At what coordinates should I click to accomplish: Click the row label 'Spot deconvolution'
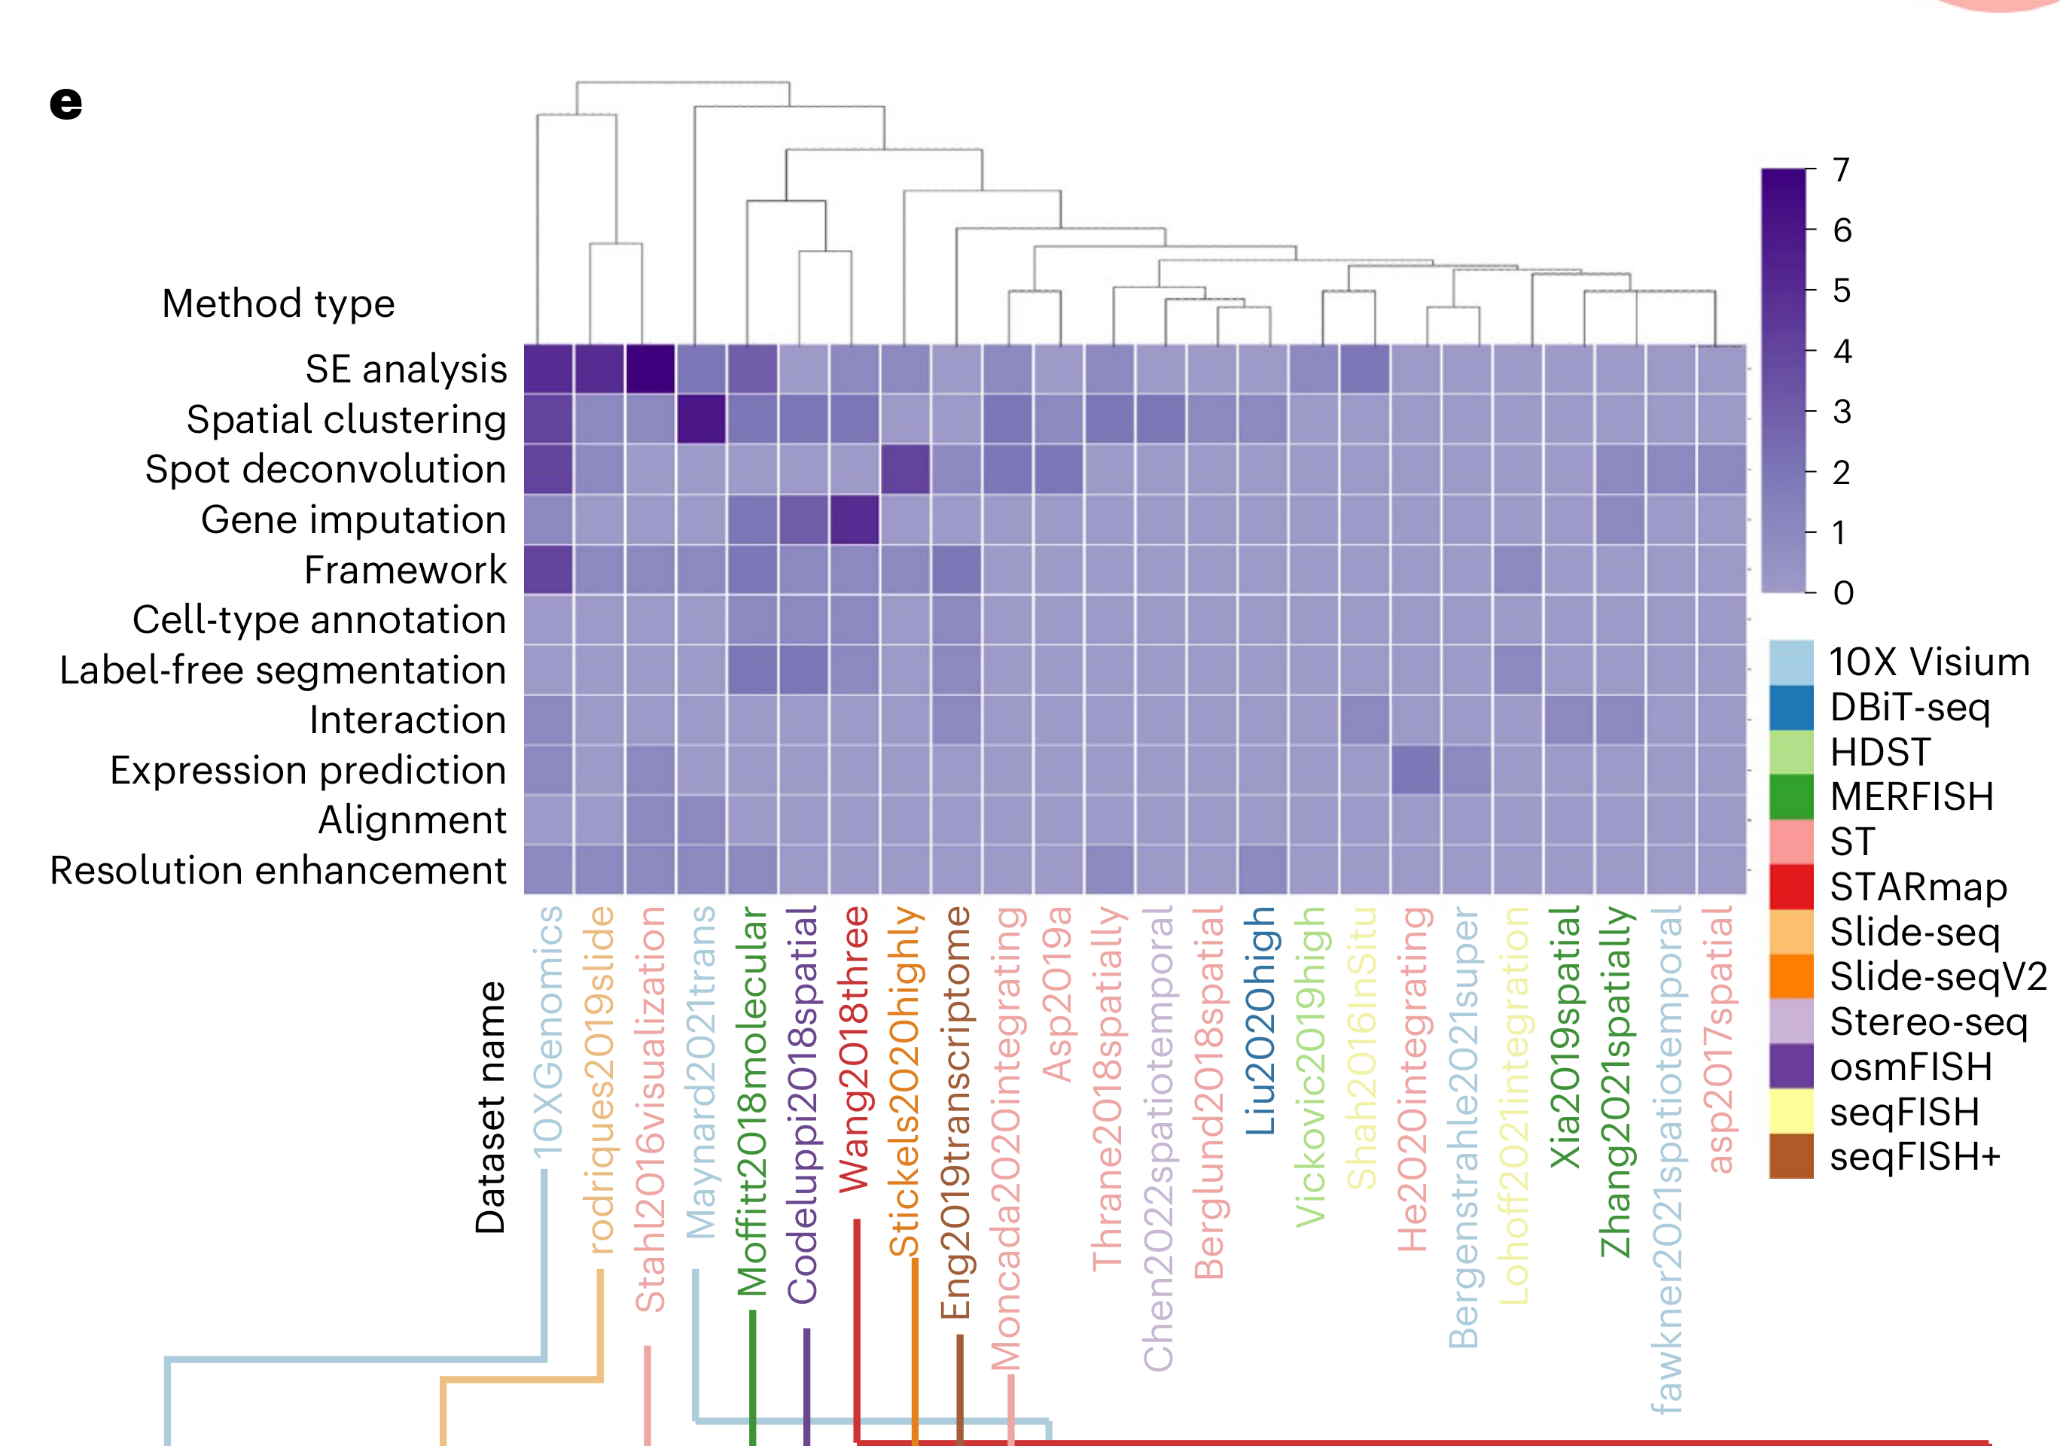coord(326,469)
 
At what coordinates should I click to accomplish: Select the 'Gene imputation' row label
coord(354,519)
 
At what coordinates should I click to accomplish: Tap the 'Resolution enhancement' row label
coord(278,870)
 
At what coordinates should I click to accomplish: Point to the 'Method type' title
coord(278,303)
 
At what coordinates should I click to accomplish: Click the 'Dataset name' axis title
coord(491,1107)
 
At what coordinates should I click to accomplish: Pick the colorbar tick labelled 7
coord(1841,169)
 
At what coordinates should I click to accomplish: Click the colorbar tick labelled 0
coord(1843,593)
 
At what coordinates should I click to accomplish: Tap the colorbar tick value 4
coord(1842,351)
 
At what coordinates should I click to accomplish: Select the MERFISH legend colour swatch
coord(1791,796)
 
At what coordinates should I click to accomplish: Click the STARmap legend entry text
coord(1918,887)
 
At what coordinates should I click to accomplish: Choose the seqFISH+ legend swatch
coord(1791,1156)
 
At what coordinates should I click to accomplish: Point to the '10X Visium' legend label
coord(1929,662)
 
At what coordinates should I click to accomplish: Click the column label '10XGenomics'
coord(547,1031)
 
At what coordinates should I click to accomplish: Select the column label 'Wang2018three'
coord(854,1049)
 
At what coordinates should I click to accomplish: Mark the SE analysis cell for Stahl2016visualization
coord(651,370)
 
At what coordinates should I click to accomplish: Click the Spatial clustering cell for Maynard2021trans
coord(702,419)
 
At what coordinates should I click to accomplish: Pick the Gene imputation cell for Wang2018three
coord(854,519)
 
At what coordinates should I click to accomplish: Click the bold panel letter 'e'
coord(66,103)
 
